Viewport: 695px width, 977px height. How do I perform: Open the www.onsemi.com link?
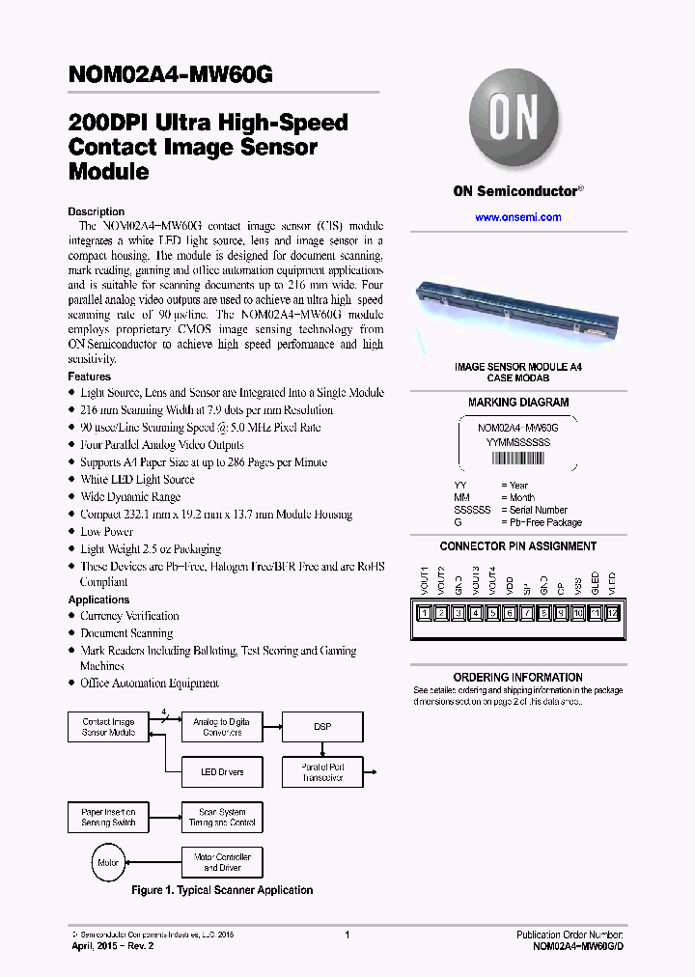pos(517,217)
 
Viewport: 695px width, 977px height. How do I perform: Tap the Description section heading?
pos(96,211)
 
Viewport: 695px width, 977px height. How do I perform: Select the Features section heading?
pos(89,377)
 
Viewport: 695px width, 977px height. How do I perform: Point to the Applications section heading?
pos(98,600)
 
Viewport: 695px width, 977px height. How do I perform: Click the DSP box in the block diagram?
pos(321,727)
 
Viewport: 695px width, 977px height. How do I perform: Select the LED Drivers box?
pos(221,771)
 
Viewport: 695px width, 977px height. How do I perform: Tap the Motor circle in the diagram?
pos(107,862)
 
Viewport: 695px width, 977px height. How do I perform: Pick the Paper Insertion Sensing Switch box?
pos(108,817)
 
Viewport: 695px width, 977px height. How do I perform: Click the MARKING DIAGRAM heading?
pos(518,403)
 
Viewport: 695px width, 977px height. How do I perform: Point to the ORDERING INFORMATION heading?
pos(518,678)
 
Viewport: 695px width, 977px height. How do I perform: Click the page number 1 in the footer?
pos(347,935)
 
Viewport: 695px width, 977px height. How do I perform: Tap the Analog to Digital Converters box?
pos(221,727)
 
